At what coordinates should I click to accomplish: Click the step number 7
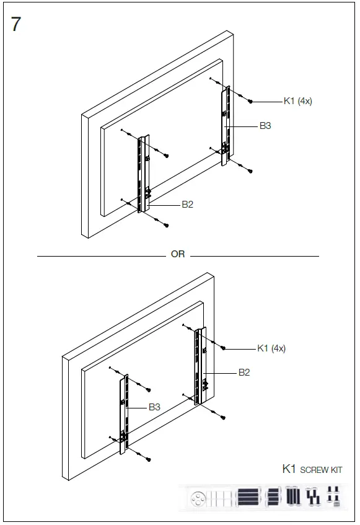[16, 25]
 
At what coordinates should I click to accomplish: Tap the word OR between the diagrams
[178, 255]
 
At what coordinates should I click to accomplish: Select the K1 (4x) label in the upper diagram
[297, 101]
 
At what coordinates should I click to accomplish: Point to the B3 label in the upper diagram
[265, 126]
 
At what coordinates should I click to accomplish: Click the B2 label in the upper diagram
[187, 205]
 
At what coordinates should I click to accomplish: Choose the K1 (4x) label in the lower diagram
[271, 348]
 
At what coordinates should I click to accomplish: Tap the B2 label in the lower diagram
[244, 373]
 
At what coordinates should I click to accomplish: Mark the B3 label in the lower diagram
[154, 407]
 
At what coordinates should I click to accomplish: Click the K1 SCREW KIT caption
[312, 469]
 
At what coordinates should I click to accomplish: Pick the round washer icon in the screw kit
[198, 497]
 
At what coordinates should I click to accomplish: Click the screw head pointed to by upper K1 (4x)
[249, 101]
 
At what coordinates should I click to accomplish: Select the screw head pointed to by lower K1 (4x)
[223, 348]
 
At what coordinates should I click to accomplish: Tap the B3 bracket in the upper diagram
[226, 126]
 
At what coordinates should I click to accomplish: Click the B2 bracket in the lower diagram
[200, 366]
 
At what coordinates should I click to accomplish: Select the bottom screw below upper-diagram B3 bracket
[249, 170]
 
